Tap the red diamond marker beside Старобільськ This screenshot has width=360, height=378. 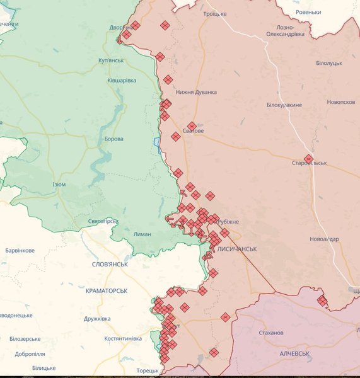pos(308,159)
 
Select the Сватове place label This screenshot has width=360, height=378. pos(192,131)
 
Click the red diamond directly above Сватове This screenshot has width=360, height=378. pos(192,126)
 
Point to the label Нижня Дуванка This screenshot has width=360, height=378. pos(196,92)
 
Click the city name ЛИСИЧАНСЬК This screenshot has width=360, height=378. pos(236,249)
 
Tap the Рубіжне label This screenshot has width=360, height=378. pos(228,222)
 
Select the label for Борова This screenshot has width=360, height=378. pos(113,139)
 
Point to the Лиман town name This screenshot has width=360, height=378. pos(142,234)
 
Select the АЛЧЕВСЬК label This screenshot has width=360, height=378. pos(294,354)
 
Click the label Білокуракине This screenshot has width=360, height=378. pos(284,105)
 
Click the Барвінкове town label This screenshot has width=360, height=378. pos(20,251)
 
